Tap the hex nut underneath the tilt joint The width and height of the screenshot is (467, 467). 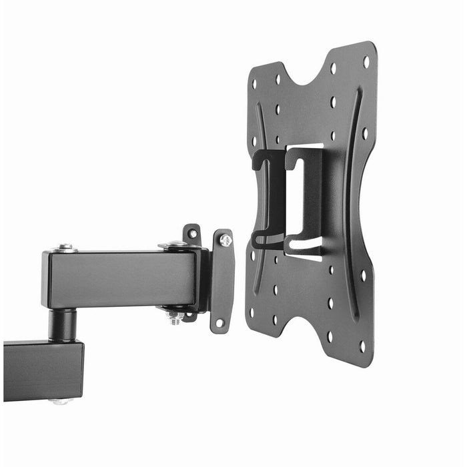click(175, 318)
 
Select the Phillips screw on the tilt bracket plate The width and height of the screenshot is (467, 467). click(226, 240)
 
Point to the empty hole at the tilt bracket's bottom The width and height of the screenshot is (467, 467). click(218, 324)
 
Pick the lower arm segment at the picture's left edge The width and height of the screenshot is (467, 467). click(40, 370)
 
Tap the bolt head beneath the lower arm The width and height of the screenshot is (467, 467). click(60, 402)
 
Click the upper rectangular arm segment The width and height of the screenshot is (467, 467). click(120, 279)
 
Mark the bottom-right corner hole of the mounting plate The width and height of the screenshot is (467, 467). click(362, 346)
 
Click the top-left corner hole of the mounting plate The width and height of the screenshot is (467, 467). click(254, 85)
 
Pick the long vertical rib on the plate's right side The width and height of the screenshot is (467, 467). click(351, 200)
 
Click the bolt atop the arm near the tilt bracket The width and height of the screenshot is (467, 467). click(177, 244)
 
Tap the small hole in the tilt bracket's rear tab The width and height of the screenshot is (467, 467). click(192, 233)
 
